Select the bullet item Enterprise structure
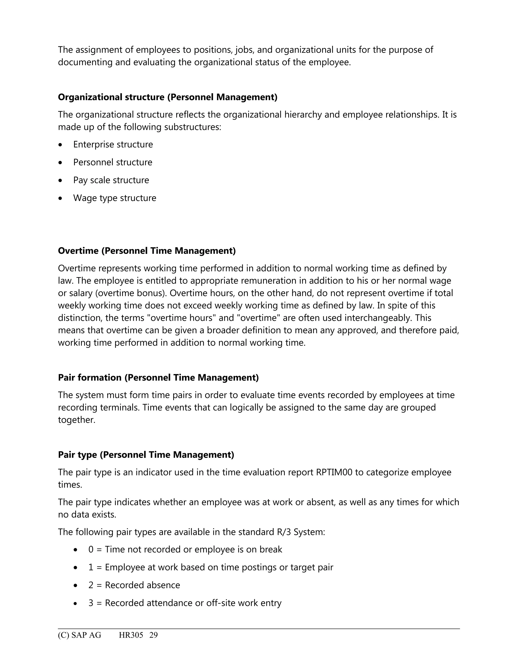tap(113, 144)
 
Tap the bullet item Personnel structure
tap(113, 162)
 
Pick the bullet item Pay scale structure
tap(111, 180)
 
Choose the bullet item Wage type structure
tap(115, 198)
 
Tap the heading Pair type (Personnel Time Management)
tap(146, 455)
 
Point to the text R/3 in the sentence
tap(284, 532)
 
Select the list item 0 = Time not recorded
tap(185, 549)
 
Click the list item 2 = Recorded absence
tap(134, 585)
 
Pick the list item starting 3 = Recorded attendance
tap(185, 603)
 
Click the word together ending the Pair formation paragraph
tap(76, 420)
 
